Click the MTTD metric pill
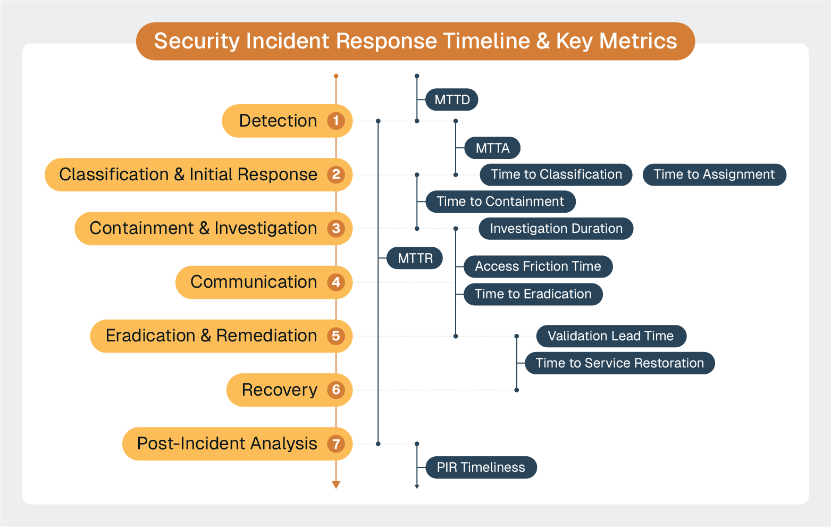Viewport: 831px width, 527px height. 452,100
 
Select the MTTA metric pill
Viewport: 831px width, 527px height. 492,148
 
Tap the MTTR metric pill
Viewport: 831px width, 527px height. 415,258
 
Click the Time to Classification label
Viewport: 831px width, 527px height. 556,174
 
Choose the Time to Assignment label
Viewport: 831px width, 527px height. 714,174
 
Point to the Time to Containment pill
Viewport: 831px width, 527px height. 500,202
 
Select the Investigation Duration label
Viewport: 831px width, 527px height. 556,229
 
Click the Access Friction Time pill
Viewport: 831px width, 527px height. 538,266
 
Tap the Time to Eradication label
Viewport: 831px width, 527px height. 533,294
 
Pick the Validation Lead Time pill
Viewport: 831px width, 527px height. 610,336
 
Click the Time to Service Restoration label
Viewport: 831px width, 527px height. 619,363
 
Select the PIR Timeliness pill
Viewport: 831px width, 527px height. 481,467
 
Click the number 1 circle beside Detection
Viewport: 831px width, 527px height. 336,121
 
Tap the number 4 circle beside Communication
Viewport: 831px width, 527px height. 336,282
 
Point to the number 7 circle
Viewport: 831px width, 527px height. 336,444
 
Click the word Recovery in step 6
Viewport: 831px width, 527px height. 279,390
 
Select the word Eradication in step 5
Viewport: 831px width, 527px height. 150,336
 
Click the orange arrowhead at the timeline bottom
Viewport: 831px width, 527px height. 336,484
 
